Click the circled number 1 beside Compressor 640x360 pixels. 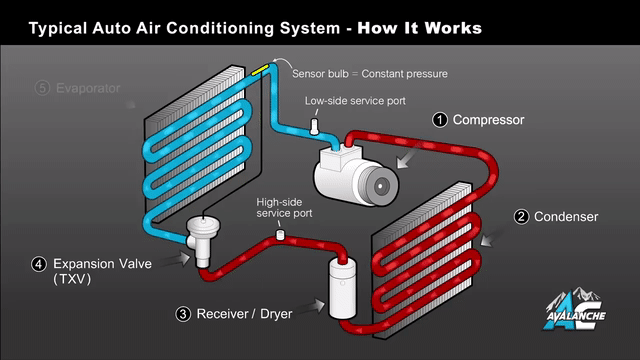coord(440,120)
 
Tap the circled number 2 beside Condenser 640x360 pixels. coord(521,217)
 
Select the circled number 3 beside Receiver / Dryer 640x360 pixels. coord(183,314)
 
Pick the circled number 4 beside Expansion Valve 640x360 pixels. coord(39,264)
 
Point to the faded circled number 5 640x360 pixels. coord(42,88)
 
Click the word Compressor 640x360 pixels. coord(488,120)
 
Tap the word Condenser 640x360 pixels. coord(566,217)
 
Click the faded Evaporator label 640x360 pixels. coord(88,88)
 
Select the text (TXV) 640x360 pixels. coord(72,279)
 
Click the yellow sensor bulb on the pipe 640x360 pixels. coord(260,69)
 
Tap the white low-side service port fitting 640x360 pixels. coord(314,127)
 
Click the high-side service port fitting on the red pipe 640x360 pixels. coord(280,235)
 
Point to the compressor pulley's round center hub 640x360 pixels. coord(380,186)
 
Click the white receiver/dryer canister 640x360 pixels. coord(342,289)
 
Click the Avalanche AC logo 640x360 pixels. coord(575,310)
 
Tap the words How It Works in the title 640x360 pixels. coord(420,28)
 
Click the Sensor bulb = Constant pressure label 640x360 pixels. coord(370,74)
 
